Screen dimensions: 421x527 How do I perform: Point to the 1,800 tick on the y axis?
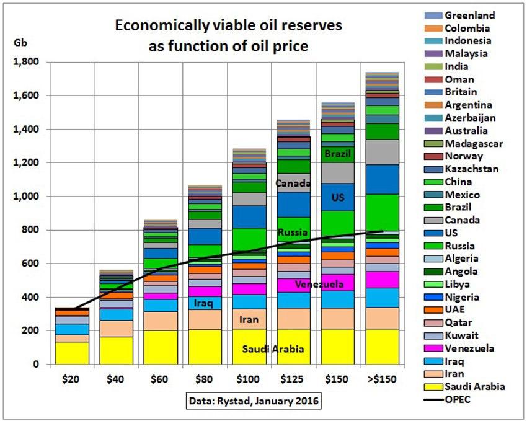coord(26,62)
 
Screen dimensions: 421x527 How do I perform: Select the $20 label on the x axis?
coord(73,378)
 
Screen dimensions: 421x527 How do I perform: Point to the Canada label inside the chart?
coord(293,184)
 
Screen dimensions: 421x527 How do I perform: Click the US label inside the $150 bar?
coord(337,197)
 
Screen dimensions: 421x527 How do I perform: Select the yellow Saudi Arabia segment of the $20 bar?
coord(73,353)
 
